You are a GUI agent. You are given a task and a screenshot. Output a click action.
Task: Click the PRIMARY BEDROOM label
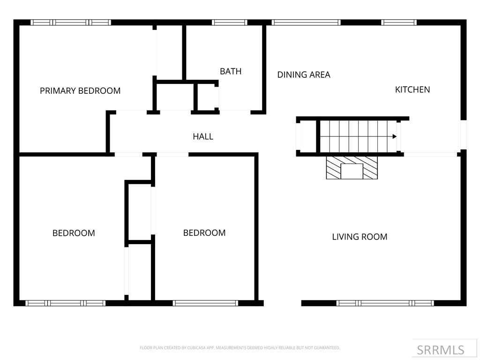(80, 91)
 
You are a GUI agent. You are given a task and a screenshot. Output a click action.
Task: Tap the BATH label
(231, 71)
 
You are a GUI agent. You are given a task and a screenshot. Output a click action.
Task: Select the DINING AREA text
(304, 75)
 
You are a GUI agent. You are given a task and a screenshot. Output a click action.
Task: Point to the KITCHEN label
(412, 90)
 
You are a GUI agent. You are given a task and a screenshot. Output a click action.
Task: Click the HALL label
(203, 136)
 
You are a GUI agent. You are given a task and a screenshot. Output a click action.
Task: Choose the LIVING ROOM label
(360, 237)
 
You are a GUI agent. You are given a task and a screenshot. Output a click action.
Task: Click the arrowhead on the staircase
(395, 136)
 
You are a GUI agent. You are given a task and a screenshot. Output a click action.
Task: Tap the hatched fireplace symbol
(352, 168)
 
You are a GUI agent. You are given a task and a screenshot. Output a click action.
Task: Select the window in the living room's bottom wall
(385, 303)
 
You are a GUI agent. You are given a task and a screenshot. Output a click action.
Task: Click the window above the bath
(229, 22)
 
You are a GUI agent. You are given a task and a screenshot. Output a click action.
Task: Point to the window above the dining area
(306, 22)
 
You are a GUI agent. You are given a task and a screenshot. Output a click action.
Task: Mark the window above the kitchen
(399, 22)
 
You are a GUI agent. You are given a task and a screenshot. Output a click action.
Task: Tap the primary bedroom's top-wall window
(71, 22)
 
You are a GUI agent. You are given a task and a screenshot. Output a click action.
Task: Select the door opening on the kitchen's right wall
(463, 135)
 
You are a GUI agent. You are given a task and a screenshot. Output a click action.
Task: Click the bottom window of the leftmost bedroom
(66, 303)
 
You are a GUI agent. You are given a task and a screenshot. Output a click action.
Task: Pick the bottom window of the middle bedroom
(205, 303)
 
